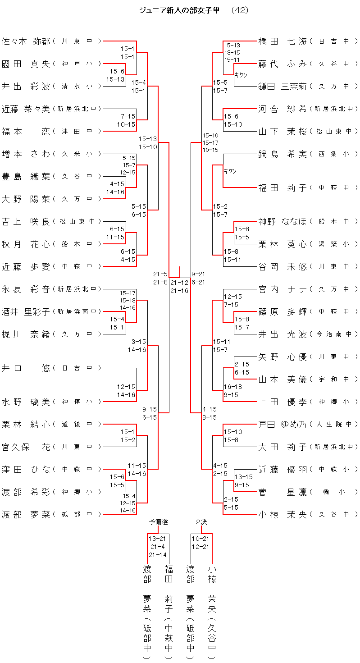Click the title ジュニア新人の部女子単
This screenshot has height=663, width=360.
pyautogui.click(x=180, y=10)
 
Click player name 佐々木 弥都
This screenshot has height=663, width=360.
pyautogui.click(x=26, y=41)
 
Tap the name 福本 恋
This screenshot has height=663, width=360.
pyautogui.click(x=26, y=131)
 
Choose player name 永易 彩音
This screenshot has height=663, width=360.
pyautogui.click(x=26, y=289)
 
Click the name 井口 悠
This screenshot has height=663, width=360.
pyautogui.click(x=26, y=368)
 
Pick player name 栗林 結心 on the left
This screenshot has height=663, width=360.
pyautogui.click(x=26, y=424)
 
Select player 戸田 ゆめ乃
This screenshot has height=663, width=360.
pyautogui.click(x=283, y=424)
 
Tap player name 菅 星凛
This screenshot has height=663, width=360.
pyautogui.click(x=283, y=492)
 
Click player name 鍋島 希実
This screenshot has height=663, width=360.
pyautogui.click(x=283, y=154)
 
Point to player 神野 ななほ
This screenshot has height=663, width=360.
pyautogui.click(x=283, y=221)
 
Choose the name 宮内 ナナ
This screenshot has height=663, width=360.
pyautogui.click(x=283, y=289)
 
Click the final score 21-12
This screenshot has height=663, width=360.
pyautogui.click(x=179, y=283)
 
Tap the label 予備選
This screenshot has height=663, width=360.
pyautogui.click(x=158, y=522)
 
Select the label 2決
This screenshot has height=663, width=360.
pyautogui.click(x=201, y=522)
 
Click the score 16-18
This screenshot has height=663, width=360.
pyautogui.click(x=233, y=387)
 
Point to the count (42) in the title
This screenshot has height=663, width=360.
pyautogui.click(x=239, y=10)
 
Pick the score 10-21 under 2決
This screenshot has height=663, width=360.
pyautogui.click(x=201, y=539)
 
